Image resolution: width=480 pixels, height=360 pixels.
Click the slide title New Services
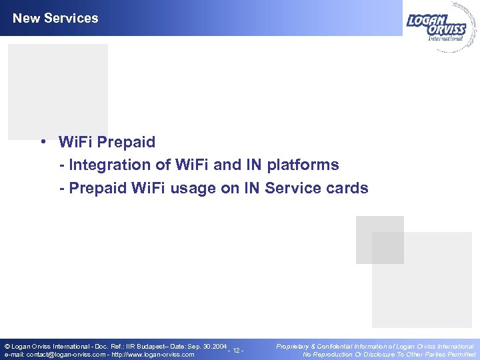click(55, 19)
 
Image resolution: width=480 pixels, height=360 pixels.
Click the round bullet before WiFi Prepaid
click(42, 141)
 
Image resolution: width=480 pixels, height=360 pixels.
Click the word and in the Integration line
click(215, 165)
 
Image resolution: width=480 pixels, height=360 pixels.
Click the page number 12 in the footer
click(235, 351)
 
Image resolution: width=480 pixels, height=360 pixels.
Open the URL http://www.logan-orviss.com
click(153, 355)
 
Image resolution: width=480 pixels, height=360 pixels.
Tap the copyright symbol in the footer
click(7, 347)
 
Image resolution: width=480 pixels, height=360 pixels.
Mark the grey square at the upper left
click(58, 91)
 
